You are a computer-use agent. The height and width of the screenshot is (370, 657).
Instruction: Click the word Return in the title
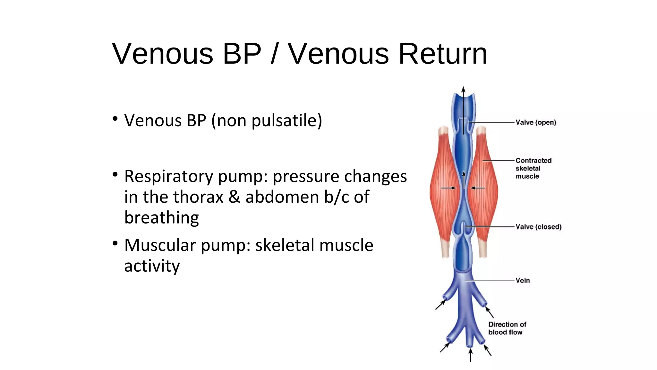tap(443, 54)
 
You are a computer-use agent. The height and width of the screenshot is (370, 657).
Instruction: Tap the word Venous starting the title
tap(163, 54)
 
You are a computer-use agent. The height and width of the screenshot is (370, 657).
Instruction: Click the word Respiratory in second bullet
tap(169, 176)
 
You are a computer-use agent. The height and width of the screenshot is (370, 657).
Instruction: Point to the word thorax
tap(183, 197)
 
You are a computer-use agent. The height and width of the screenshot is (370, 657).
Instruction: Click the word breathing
tap(161, 218)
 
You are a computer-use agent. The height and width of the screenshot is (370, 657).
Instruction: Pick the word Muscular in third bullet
tap(160, 245)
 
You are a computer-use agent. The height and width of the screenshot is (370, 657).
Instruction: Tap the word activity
tap(152, 266)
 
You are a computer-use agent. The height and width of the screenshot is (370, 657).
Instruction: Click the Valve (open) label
tap(536, 122)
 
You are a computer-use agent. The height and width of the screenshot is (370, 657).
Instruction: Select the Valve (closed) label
tap(538, 227)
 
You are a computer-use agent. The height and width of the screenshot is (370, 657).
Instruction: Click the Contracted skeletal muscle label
tap(533, 168)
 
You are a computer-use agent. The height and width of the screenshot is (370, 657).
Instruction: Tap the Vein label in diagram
tap(523, 280)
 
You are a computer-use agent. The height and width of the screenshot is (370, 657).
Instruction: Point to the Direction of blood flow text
tap(507, 328)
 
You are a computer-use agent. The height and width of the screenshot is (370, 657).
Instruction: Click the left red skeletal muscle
tap(444, 193)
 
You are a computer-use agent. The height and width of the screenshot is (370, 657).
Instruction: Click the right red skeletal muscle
tap(484, 193)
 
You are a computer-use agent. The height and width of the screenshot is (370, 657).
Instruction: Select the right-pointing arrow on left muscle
tap(448, 188)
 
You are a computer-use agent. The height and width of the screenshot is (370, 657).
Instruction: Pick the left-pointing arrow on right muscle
tap(478, 188)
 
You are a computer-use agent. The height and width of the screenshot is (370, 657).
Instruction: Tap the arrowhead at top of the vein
tap(463, 89)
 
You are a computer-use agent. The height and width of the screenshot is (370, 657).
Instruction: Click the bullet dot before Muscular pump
tap(115, 243)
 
